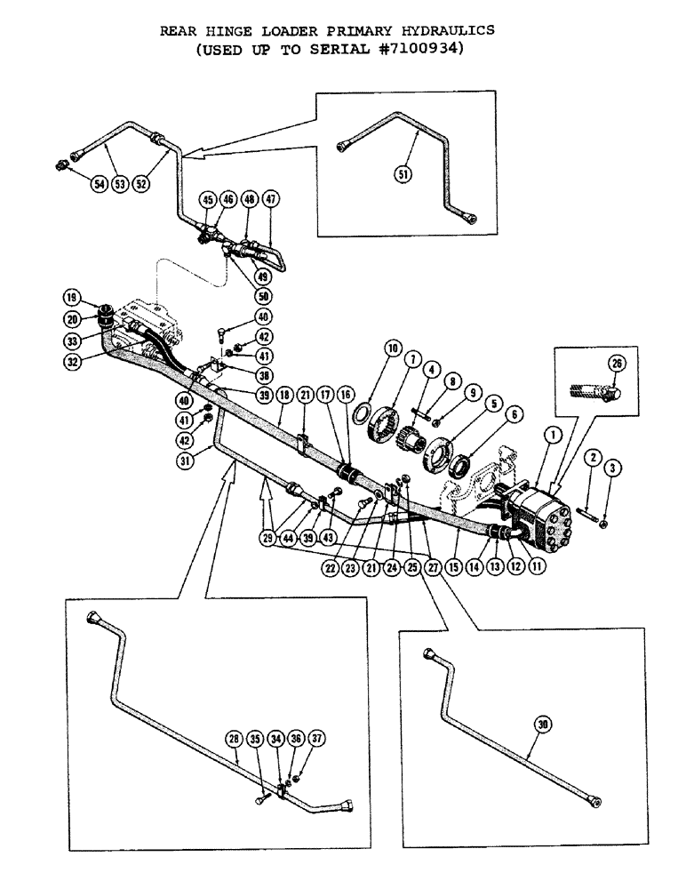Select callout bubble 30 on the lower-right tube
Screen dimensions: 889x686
click(x=543, y=725)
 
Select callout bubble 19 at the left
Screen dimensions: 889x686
click(x=70, y=296)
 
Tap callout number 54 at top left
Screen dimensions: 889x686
click(x=98, y=183)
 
